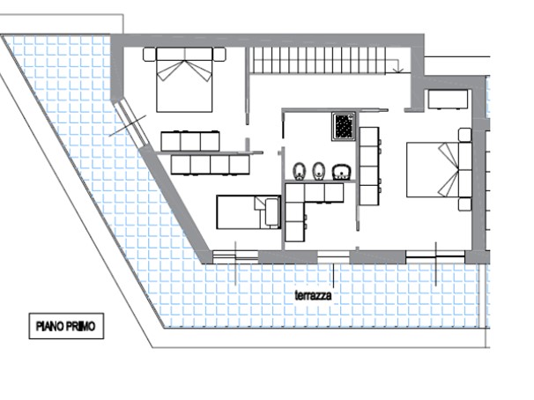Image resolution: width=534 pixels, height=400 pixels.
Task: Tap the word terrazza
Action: [x=313, y=297]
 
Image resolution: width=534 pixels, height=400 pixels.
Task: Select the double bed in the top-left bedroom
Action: [x=185, y=79]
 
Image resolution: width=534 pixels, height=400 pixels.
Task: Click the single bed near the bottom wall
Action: [x=248, y=211]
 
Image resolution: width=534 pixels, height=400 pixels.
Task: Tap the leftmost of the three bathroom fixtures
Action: [x=297, y=170]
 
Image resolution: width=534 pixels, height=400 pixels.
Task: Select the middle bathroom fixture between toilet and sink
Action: [x=318, y=170]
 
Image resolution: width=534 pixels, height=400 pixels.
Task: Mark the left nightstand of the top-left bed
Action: [x=147, y=54]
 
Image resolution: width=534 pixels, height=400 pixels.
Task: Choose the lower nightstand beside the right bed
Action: [x=464, y=204]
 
